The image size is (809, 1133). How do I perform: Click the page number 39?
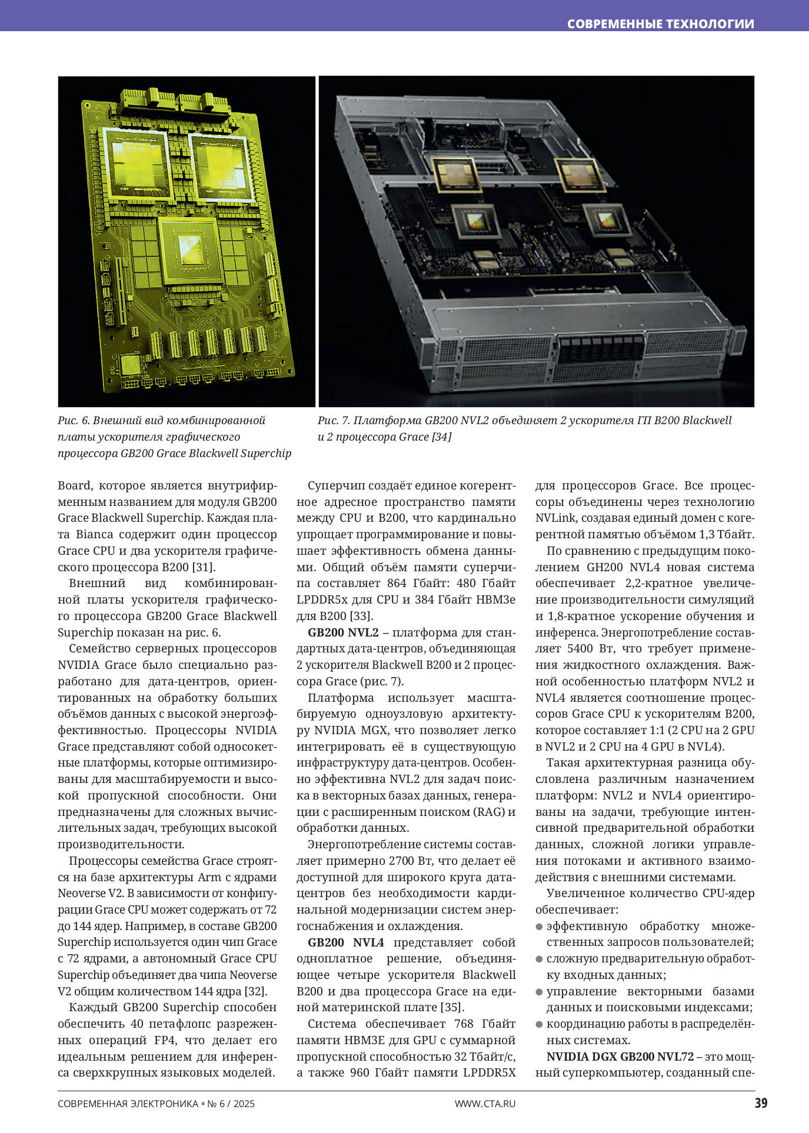coord(761,1102)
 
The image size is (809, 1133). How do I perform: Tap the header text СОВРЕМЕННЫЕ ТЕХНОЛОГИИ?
coord(660,24)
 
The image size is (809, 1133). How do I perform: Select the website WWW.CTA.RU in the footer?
coord(485,1104)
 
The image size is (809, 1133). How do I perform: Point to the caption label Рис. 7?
coord(334,421)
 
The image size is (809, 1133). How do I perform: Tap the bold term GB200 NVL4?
coord(346,942)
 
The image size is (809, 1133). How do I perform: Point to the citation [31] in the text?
coord(204,568)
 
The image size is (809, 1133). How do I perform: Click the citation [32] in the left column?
coord(256,991)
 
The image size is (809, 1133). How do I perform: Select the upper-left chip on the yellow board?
coord(138,163)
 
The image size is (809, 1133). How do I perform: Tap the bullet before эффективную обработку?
coord(539,927)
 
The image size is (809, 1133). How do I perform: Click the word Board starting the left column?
coord(75,486)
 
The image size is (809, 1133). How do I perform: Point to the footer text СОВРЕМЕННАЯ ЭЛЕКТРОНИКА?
coord(128,1104)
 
